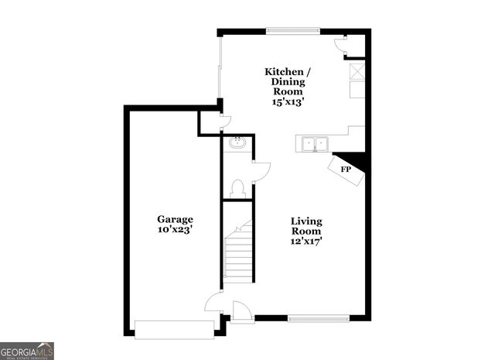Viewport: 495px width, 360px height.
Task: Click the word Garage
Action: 176,219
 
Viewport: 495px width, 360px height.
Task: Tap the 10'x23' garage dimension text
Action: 176,230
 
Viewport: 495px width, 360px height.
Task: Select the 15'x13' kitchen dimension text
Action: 286,101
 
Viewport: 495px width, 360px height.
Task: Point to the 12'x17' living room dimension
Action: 306,242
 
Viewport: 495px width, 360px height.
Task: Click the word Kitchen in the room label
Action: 284,71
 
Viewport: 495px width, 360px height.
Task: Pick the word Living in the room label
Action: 306,221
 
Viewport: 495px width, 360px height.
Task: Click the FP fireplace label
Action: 346,170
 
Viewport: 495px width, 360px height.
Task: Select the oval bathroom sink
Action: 237,142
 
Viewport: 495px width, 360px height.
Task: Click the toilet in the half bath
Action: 238,188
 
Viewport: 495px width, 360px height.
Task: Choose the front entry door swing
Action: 242,311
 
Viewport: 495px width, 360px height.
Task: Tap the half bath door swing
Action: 261,171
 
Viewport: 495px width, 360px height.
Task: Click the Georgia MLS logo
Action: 27,351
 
